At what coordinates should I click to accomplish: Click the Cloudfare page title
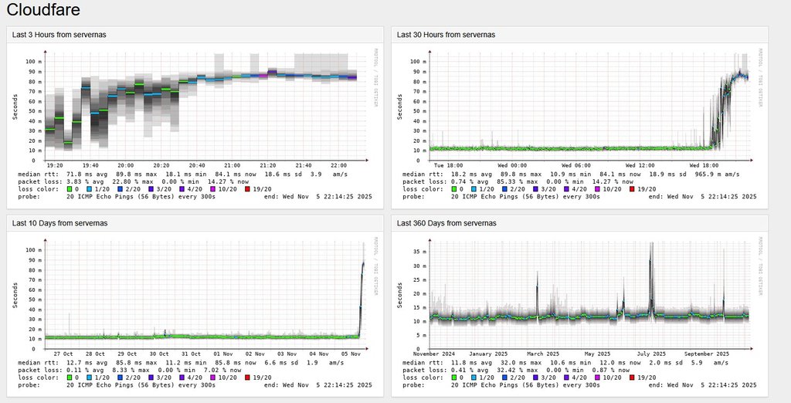coord(43,10)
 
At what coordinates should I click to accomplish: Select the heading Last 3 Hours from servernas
coord(59,35)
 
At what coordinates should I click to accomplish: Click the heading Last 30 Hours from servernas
coord(446,35)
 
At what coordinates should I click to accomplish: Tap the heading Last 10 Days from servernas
coord(59,223)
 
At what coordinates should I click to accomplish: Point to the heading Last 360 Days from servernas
coord(446,223)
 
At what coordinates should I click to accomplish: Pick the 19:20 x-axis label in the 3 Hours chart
coord(55,164)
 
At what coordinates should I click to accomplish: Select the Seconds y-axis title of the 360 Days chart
coord(400,294)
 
